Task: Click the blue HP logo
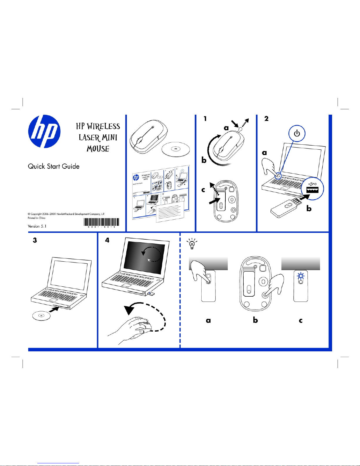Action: coord(44,131)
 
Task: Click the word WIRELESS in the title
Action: coord(103,126)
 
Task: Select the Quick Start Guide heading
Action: coord(54,166)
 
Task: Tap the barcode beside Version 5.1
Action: coord(101,222)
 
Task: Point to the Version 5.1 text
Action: coord(37,226)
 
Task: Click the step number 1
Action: coord(205,119)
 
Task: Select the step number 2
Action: coord(266,119)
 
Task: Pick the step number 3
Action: coord(35,240)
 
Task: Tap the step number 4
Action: coord(107,240)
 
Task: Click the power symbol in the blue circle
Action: coord(297,134)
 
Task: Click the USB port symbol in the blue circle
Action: coord(312,188)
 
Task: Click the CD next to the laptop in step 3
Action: coord(41,316)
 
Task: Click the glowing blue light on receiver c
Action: coord(301,276)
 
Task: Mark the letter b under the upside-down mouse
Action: coord(255,320)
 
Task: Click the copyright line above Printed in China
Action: coord(66,214)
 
